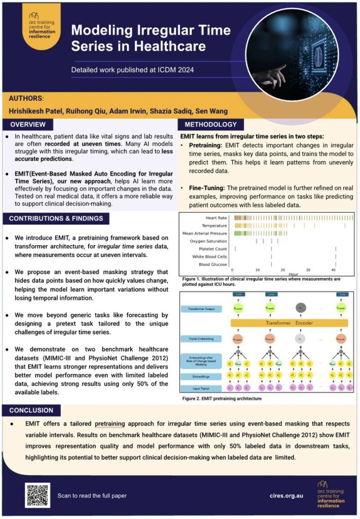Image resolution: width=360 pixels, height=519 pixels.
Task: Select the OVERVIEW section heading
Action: coord(28,124)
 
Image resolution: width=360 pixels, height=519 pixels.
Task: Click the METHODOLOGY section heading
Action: coord(210,124)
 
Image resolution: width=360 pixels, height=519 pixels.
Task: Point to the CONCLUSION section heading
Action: coord(32,410)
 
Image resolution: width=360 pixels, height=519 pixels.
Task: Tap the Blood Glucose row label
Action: coord(212,264)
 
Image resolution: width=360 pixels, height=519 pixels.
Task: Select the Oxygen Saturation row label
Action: coord(208,241)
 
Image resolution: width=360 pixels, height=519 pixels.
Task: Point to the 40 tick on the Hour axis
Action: coord(333,270)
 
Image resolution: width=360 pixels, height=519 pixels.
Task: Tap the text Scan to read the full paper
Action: coord(92,495)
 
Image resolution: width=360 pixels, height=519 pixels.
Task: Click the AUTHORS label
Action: coord(26,98)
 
